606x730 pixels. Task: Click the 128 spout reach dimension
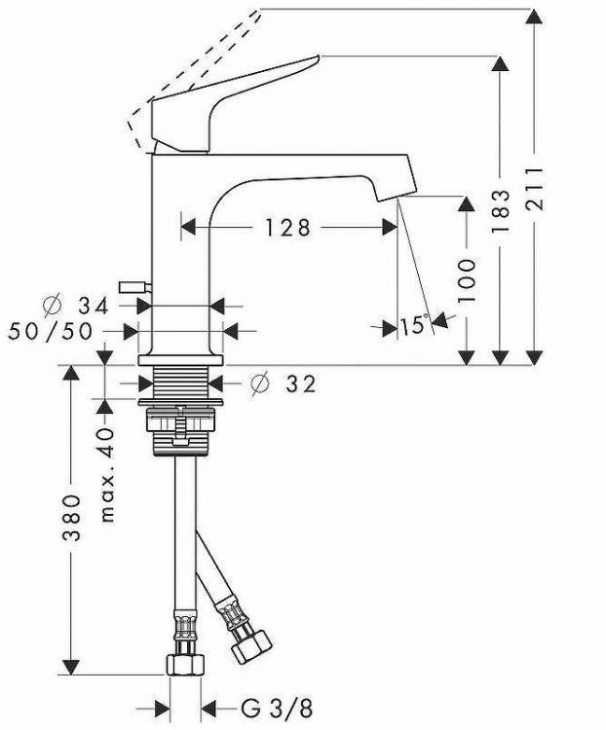point(287,228)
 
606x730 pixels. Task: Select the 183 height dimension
point(501,210)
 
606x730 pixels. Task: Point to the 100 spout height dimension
point(467,280)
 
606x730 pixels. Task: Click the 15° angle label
point(414,324)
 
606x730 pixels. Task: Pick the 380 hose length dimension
point(71,518)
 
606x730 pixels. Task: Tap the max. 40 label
point(107,475)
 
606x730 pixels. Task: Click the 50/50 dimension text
point(51,332)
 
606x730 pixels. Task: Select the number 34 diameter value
point(94,306)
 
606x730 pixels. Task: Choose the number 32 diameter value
point(301,384)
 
